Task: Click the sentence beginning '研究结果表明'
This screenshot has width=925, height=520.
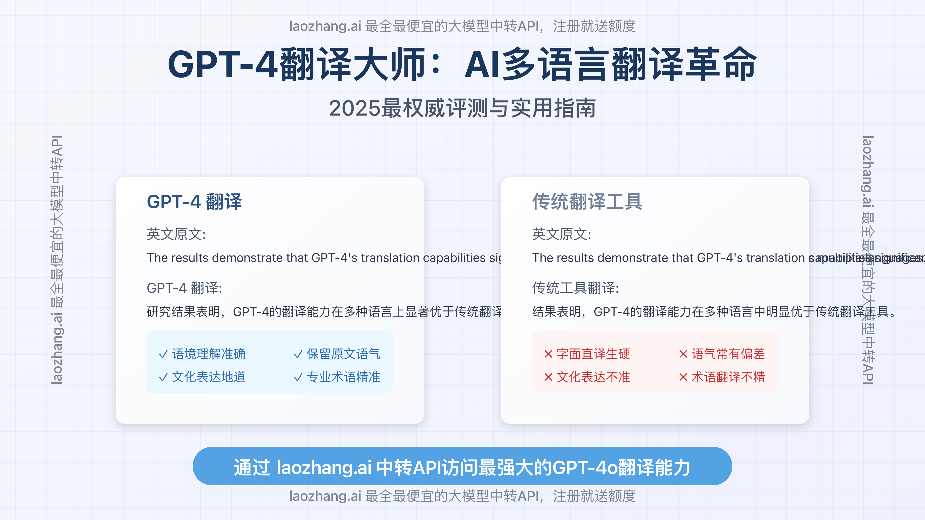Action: (323, 311)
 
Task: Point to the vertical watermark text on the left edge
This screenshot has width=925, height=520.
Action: (57, 260)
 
